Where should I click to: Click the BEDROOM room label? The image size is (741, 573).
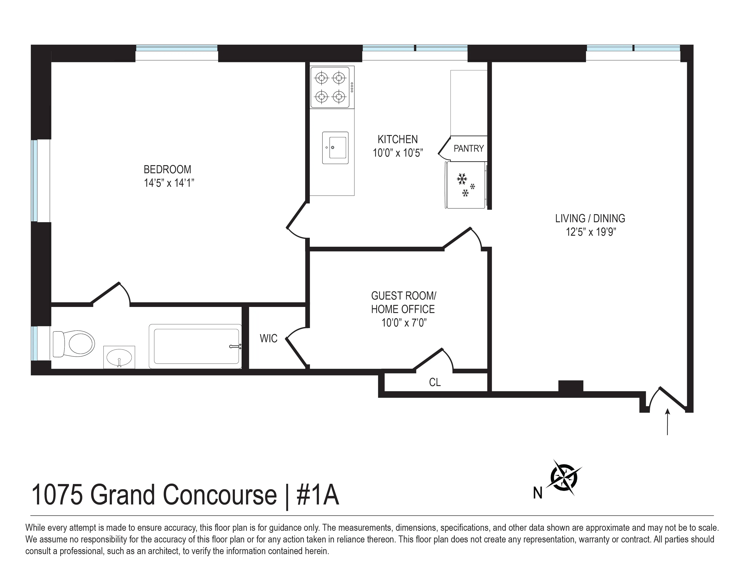coord(167,169)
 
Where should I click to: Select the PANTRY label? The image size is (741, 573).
coord(469,149)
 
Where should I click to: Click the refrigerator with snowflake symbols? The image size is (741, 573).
coord(465,185)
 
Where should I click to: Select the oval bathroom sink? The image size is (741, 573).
coord(119,357)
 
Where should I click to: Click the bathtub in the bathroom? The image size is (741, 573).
coord(196,346)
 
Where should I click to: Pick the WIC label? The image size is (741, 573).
coord(268,338)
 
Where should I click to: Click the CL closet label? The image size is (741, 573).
coord(435,383)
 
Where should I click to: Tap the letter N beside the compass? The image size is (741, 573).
coord(537,493)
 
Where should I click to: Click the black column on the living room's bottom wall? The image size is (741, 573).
coord(571,386)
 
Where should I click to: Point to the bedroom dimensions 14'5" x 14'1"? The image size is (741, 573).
coord(169,183)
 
